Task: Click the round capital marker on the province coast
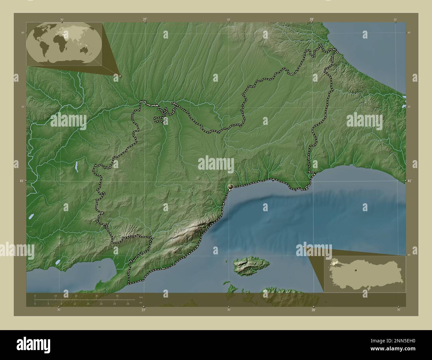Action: (x=230, y=187)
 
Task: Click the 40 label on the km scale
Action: (x=117, y=296)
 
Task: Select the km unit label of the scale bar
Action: (x=141, y=297)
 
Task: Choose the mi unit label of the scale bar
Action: (x=141, y=303)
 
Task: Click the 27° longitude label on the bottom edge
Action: (x=144, y=310)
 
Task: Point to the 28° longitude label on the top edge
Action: (x=312, y=20)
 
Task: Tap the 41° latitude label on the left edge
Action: (x=22, y=181)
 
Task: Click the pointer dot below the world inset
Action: (x=120, y=76)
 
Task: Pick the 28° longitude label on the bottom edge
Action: (x=313, y=310)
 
